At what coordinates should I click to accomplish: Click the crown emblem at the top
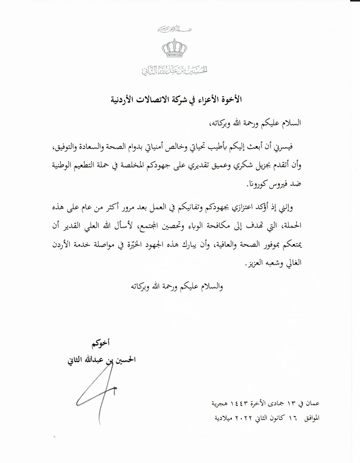tap(174, 50)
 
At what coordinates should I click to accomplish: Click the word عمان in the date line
tap(311, 404)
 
